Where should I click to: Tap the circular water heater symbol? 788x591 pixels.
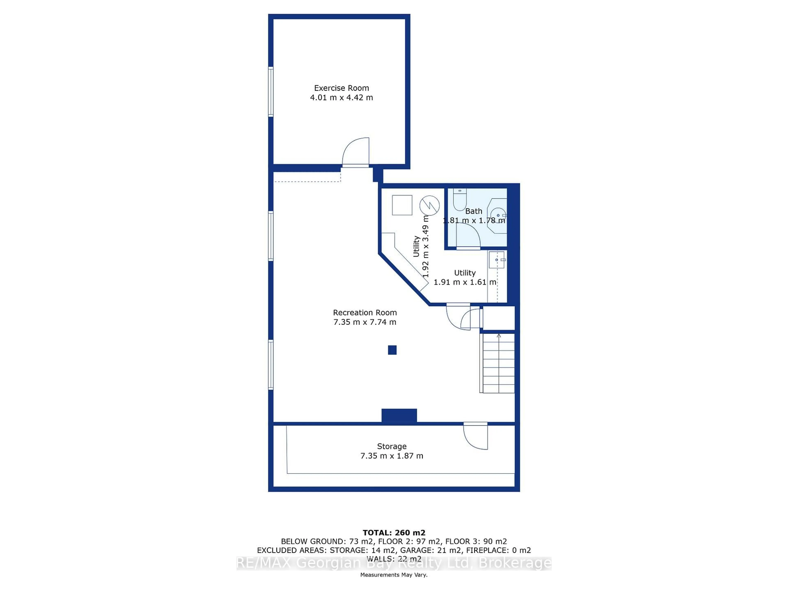coord(429,206)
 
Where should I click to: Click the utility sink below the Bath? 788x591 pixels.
coord(497,260)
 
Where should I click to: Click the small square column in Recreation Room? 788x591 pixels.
coord(392,350)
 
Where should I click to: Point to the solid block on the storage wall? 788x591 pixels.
coord(399,415)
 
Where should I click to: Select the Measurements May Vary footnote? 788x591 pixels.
coord(394,575)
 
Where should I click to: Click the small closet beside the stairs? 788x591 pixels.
coord(498,318)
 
